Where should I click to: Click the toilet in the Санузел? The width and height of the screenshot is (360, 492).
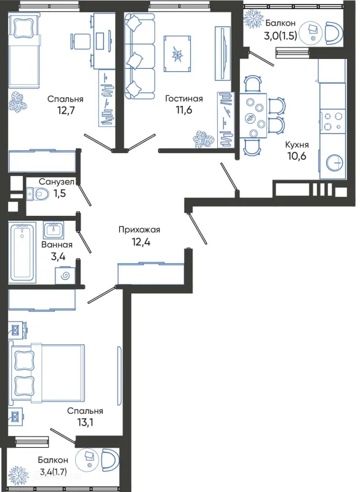point(38,194)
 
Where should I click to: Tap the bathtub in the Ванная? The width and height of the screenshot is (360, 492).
point(22,253)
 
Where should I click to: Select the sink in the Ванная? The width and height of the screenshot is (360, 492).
point(54,230)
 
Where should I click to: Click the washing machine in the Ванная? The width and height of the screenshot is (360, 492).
point(66,275)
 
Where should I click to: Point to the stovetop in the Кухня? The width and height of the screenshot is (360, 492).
point(333,121)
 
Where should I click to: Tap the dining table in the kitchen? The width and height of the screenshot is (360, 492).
point(254,116)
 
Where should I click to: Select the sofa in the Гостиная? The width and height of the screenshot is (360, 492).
point(140,56)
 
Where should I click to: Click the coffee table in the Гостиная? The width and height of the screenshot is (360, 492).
point(177,54)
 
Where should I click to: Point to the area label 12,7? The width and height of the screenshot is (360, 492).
point(66,111)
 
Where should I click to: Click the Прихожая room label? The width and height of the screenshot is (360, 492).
point(139,229)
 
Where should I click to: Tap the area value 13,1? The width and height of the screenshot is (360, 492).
point(85,423)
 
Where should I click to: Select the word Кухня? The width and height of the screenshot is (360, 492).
point(297,145)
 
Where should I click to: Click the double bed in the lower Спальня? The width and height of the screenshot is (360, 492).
point(47,373)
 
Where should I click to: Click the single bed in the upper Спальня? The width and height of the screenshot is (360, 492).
point(24,50)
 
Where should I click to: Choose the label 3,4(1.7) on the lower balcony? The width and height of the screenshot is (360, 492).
point(54,471)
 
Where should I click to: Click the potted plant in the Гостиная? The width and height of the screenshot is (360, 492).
point(204,139)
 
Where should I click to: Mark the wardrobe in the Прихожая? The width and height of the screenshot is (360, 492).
point(151,273)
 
